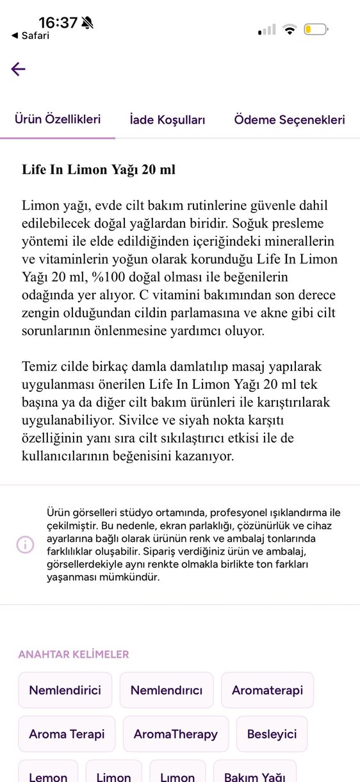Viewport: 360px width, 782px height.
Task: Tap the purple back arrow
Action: click(x=18, y=69)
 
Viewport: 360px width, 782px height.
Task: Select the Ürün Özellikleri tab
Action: click(x=58, y=119)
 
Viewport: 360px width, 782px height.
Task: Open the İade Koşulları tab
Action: click(x=167, y=120)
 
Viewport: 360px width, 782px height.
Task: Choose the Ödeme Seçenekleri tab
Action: click(x=290, y=120)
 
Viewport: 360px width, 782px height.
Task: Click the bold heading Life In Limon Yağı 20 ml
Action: click(x=99, y=170)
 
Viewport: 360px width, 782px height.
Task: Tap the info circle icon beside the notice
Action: click(x=25, y=544)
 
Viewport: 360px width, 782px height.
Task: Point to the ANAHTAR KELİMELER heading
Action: click(x=74, y=654)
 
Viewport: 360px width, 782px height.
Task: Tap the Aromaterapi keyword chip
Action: click(x=267, y=690)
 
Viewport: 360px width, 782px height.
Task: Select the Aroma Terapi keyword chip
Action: click(x=67, y=734)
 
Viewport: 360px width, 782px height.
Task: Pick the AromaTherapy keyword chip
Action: click(x=176, y=734)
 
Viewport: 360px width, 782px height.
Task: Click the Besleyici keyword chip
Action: click(x=272, y=734)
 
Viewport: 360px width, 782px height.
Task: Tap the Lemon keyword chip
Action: click(x=48, y=774)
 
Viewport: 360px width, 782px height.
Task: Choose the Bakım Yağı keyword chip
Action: click(x=254, y=774)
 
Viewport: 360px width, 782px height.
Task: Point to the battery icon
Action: click(x=316, y=29)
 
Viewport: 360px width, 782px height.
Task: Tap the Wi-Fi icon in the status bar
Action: click(x=290, y=29)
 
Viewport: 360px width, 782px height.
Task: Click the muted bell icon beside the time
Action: click(x=88, y=23)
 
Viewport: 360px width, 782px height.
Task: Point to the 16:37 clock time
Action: click(x=58, y=22)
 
